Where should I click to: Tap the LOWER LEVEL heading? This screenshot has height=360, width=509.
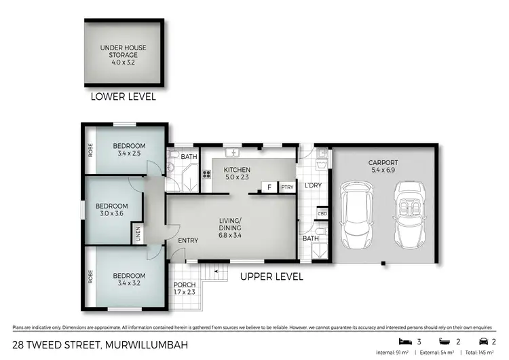pos(124,96)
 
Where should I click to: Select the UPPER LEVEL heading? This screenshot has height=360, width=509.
pos(271,276)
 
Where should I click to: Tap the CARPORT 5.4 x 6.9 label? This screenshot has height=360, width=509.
pos(383,166)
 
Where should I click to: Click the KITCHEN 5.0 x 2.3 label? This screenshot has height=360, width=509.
pos(238,173)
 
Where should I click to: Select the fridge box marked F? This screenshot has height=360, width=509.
pos(269,187)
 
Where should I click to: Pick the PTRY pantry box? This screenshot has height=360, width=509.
pos(287,187)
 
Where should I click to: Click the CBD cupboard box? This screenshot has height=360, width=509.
pos(322,213)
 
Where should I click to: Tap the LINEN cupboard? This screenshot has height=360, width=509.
pos(138,233)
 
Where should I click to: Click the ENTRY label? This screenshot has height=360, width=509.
pos(188,241)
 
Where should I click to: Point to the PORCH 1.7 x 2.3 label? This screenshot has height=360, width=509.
pos(185,289)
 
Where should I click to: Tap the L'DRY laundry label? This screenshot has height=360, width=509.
pos(313,185)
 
